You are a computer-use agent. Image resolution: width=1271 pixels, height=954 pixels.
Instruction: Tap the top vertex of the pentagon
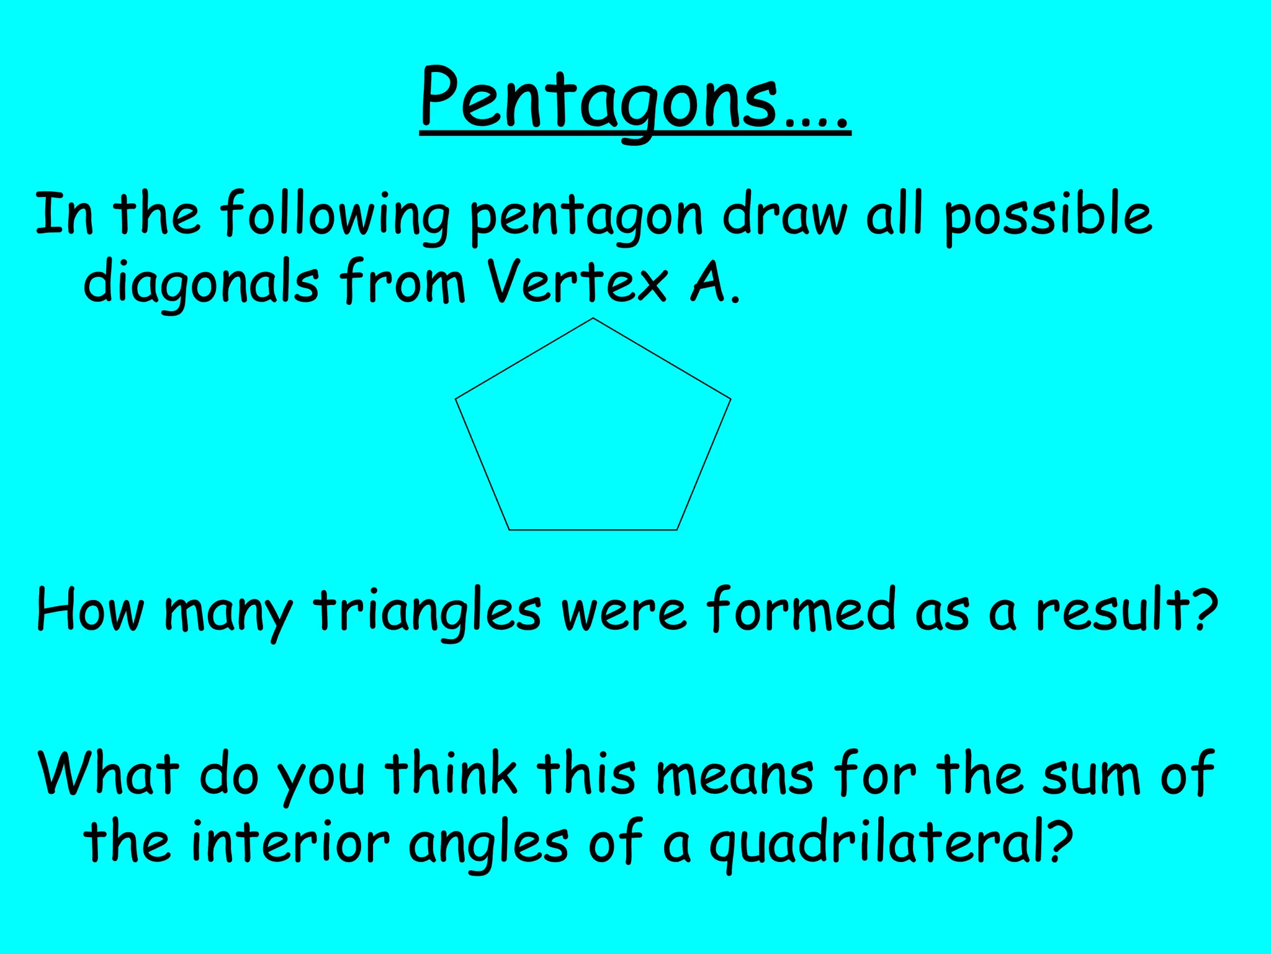coord(593,319)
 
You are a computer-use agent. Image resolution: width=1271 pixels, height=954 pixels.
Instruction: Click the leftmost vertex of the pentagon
coord(456,399)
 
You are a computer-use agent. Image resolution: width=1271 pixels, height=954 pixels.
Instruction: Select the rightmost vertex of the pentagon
coord(730,399)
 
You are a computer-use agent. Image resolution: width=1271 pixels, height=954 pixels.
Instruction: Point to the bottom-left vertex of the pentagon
coord(510,530)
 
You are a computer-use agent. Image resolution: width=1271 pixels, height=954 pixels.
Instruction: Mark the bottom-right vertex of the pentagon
coord(676,530)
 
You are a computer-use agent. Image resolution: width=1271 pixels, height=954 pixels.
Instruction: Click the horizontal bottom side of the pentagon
coord(593,530)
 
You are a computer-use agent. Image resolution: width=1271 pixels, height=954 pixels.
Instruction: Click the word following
coord(335,215)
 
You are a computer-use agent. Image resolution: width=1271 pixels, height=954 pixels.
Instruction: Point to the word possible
coord(1048,215)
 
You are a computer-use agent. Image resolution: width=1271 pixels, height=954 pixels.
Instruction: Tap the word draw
coord(785,215)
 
